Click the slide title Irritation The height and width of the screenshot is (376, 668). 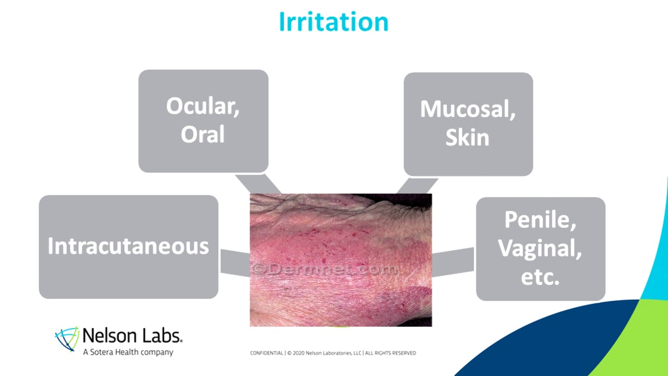pyautogui.click(x=333, y=22)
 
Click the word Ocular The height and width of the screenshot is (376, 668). pyautogui.click(x=202, y=107)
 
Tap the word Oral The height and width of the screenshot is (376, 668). pyautogui.click(x=202, y=134)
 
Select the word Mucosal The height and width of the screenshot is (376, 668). pyautogui.click(x=468, y=109)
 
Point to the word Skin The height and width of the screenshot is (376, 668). pyautogui.click(x=467, y=138)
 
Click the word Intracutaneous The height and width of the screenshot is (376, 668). pyautogui.click(x=128, y=246)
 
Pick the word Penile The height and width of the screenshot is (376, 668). pyautogui.click(x=540, y=220)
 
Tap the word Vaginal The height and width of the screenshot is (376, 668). pyautogui.click(x=540, y=248)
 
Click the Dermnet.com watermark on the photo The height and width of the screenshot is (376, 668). pyautogui.click(x=325, y=269)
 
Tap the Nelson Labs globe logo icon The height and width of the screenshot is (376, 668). pyautogui.click(x=67, y=339)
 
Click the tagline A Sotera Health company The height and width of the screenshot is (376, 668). pyautogui.click(x=128, y=352)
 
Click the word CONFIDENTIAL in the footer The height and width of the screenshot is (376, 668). pyautogui.click(x=267, y=353)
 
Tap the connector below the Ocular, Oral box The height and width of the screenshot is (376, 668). pyautogui.click(x=258, y=183)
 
